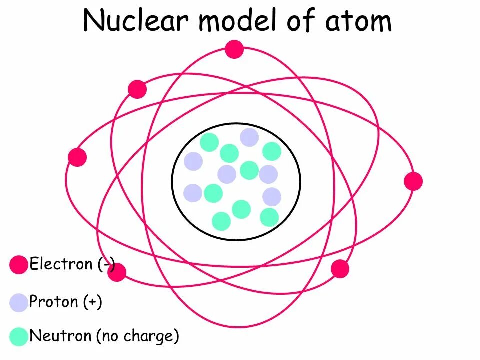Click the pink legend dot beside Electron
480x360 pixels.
[x=19, y=264]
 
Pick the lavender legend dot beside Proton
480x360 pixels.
[x=19, y=302]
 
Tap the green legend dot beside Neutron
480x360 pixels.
[x=19, y=336]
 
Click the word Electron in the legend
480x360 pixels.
[x=61, y=264]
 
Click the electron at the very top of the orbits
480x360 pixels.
[x=234, y=49]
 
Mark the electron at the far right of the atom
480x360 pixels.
[x=413, y=181]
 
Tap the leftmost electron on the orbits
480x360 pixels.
[x=77, y=157]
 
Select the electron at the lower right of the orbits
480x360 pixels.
[x=340, y=269]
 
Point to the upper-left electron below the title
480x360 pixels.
[x=137, y=89]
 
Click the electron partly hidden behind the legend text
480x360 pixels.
[x=117, y=272]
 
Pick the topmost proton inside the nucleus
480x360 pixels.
[x=249, y=137]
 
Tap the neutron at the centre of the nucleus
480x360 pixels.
[x=249, y=170]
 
